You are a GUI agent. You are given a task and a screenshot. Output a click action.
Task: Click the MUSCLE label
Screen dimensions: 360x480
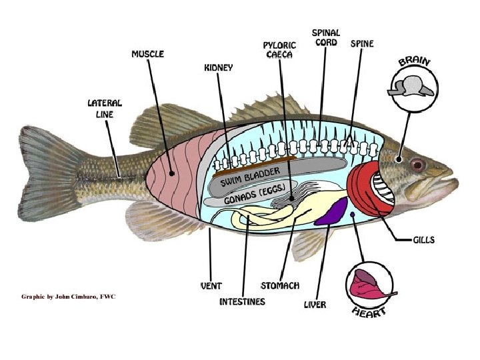point(148,53)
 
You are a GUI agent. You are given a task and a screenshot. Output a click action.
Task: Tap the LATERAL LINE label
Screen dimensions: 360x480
point(105,109)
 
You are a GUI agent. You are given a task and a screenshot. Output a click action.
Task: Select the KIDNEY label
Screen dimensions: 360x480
point(218,68)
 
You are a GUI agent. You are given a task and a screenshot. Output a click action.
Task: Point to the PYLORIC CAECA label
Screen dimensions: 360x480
point(279,50)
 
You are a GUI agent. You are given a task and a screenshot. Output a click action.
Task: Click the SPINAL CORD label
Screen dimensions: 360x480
point(326,37)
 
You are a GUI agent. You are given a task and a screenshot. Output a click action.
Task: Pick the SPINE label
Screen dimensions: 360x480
point(362,44)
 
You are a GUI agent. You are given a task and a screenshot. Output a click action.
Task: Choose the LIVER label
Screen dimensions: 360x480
point(315,305)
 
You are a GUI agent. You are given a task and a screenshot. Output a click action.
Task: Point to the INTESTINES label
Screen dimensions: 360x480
point(242,302)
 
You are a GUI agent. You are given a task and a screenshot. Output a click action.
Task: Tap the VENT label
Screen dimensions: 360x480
point(211,285)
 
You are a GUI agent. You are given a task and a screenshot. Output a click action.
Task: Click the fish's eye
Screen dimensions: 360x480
point(417,164)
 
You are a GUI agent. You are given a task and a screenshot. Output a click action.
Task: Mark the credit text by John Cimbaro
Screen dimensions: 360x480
point(69,296)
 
